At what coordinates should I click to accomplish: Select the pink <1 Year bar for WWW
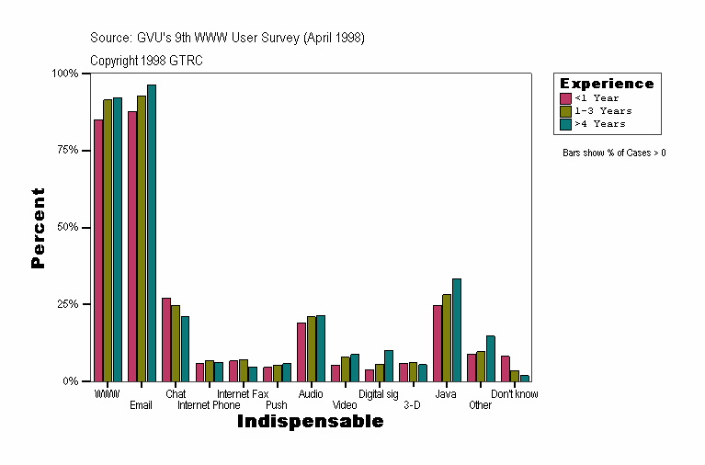(98, 250)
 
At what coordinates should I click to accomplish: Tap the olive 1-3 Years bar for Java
(447, 337)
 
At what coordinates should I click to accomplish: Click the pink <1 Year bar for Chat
(166, 339)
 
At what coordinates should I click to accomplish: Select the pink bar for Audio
(301, 352)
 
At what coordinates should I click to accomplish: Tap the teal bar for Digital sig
(389, 366)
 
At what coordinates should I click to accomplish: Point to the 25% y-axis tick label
(64, 304)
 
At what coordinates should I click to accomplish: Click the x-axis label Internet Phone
(209, 405)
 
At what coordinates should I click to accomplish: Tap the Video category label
(345, 405)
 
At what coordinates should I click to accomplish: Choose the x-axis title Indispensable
(310, 422)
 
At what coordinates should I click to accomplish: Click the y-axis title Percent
(38, 228)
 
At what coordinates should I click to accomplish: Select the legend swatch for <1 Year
(566, 98)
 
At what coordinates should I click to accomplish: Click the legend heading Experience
(607, 84)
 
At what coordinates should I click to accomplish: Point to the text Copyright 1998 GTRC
(146, 61)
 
